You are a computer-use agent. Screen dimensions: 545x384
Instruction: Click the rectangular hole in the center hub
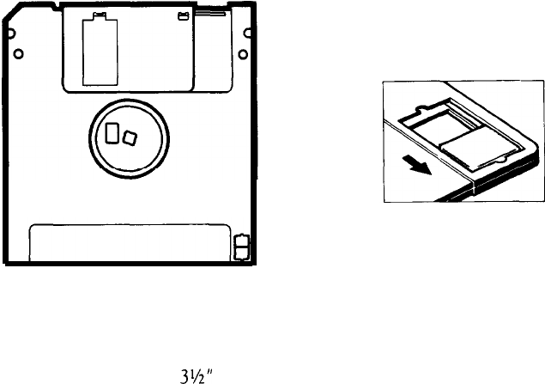(x=112, y=132)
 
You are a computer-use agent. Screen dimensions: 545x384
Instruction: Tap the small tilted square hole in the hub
(x=130, y=138)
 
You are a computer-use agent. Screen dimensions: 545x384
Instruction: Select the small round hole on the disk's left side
(x=18, y=54)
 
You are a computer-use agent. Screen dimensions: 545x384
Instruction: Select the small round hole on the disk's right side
(x=243, y=55)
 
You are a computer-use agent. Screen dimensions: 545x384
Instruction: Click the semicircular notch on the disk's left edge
(x=11, y=34)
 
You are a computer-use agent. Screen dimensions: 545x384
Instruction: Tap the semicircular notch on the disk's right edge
(x=247, y=34)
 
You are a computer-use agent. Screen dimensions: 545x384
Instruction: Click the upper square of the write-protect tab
(x=242, y=241)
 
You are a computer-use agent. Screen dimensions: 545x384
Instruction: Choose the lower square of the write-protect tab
(x=242, y=253)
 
